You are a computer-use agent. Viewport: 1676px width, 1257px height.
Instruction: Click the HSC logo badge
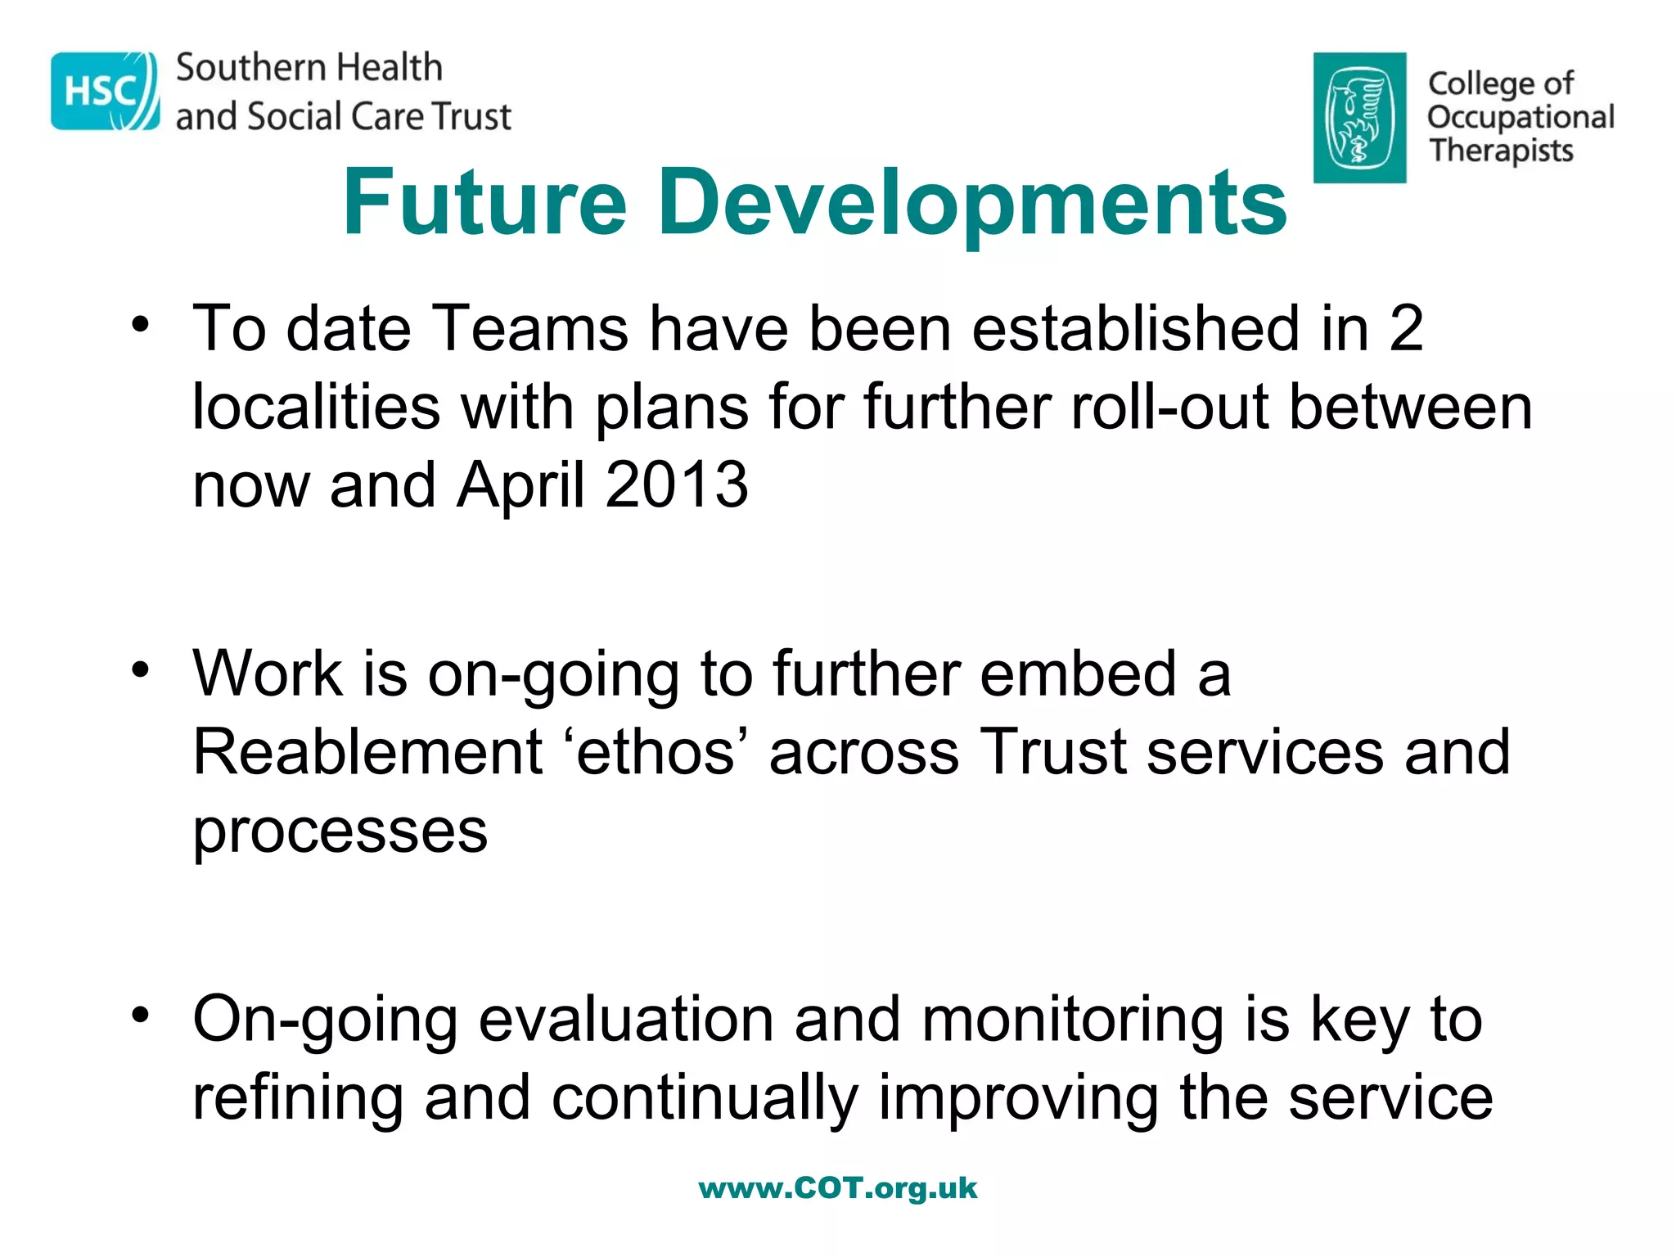(105, 91)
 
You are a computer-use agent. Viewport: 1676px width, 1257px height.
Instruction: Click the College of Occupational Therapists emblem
(1359, 118)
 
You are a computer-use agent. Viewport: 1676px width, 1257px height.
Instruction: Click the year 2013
(677, 484)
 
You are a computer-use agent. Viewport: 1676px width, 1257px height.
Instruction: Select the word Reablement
(367, 751)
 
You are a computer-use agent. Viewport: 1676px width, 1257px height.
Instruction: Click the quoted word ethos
(656, 751)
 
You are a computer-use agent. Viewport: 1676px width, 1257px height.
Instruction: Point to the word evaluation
(626, 1020)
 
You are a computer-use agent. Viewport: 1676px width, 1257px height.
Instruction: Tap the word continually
(705, 1098)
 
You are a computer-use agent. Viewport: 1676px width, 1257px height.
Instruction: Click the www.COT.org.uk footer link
(837, 1188)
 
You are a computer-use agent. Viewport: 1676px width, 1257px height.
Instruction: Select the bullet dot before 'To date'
(141, 324)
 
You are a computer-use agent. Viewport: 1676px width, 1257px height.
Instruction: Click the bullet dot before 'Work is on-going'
(141, 669)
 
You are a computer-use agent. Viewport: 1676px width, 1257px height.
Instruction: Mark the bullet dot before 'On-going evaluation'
(141, 1016)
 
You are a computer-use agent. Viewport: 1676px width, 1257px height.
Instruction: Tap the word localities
(316, 407)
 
